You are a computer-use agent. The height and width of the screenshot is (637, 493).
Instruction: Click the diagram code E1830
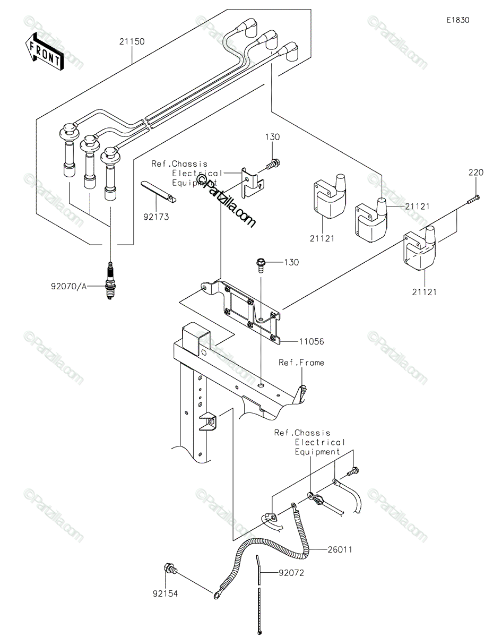coord(458,20)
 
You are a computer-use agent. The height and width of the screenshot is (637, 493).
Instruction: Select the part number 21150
coord(132,41)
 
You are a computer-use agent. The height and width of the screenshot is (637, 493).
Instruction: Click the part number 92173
coord(156,217)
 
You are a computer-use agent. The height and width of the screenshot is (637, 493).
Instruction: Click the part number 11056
coord(312,341)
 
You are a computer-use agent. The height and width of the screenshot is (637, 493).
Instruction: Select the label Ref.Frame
coord(301,363)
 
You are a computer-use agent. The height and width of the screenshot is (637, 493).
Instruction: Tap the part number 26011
coord(340,549)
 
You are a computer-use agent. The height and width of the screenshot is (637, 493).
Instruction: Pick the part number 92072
coord(291,573)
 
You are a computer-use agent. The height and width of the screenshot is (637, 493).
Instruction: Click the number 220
coord(475,173)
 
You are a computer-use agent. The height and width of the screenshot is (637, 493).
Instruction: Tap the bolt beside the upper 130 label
coord(273,164)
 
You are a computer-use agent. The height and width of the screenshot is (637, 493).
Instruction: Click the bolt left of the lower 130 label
coord(261,265)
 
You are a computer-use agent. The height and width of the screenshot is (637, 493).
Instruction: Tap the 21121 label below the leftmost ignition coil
coord(322,238)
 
